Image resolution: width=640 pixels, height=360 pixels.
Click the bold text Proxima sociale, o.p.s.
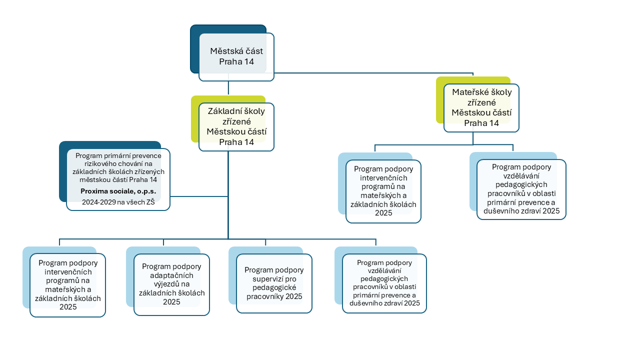pos(118,191)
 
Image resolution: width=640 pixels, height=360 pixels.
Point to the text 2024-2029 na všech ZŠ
pos(118,202)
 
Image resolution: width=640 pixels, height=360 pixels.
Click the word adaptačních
pos(171,275)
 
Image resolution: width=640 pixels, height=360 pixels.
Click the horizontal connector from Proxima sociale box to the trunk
pos(199,196)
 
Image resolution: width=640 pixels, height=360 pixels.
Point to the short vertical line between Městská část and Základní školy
pos(228,87)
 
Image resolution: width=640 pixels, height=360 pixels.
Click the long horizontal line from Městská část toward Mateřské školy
pos(373,73)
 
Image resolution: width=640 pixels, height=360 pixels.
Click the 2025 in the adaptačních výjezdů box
pos(171,302)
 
